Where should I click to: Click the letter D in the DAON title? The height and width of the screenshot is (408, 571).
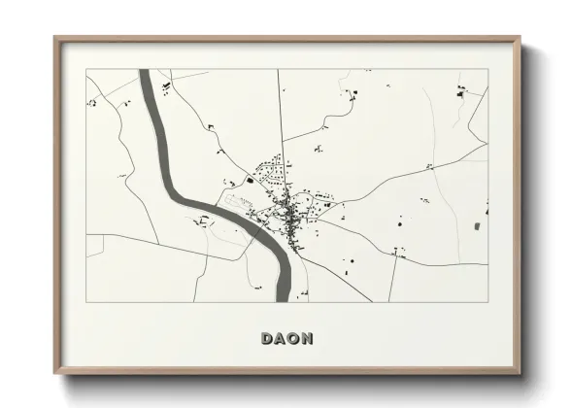point(267,338)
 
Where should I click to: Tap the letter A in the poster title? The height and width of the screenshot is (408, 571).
point(281,338)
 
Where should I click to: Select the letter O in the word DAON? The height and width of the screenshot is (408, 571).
point(294,338)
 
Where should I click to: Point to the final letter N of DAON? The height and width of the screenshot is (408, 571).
point(308,338)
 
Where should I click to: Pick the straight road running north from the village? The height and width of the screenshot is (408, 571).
point(281,117)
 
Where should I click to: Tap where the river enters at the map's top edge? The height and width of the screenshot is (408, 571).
point(145,72)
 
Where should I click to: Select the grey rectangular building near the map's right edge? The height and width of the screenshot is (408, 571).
point(476,226)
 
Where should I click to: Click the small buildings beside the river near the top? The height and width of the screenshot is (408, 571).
point(166,88)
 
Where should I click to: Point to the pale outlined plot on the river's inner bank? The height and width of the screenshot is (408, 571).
point(238,202)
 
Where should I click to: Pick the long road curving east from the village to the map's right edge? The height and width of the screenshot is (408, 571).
point(408,175)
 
